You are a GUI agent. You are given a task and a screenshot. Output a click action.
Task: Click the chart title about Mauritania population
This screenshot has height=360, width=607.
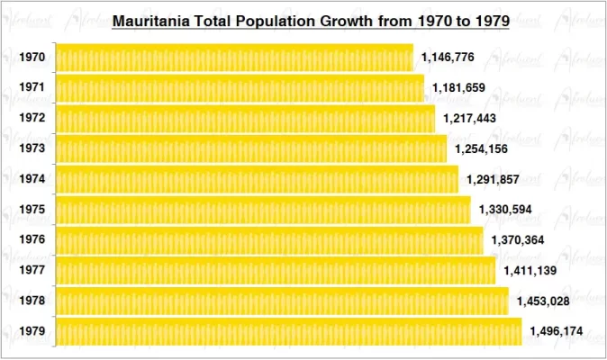click(311, 19)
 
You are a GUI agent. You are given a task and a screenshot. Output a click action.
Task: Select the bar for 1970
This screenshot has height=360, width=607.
click(234, 58)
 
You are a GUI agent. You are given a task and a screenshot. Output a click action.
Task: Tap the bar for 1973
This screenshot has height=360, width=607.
click(251, 148)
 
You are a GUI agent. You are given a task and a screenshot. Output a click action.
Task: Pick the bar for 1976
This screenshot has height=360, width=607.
click(269, 240)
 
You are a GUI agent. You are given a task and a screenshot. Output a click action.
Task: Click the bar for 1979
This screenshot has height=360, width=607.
click(288, 331)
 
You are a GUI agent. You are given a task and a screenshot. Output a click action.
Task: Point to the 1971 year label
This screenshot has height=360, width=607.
click(32, 88)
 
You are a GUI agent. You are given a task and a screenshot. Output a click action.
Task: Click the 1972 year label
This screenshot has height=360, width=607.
click(32, 119)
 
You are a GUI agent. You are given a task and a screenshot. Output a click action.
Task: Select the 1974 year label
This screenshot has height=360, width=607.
click(32, 179)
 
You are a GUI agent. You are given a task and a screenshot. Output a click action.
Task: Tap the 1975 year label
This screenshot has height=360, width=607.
click(32, 210)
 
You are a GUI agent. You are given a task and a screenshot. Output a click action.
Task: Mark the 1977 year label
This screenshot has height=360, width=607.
click(32, 271)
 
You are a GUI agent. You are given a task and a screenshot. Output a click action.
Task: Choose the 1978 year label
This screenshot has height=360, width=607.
click(32, 301)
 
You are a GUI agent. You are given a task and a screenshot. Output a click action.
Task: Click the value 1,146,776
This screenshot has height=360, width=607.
click(448, 58)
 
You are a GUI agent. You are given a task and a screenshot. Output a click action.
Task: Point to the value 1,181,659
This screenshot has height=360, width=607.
click(458, 88)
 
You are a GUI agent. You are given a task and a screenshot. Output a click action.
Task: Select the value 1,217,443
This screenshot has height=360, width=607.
click(469, 119)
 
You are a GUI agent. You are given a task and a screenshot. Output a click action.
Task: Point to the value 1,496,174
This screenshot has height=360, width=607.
click(556, 331)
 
